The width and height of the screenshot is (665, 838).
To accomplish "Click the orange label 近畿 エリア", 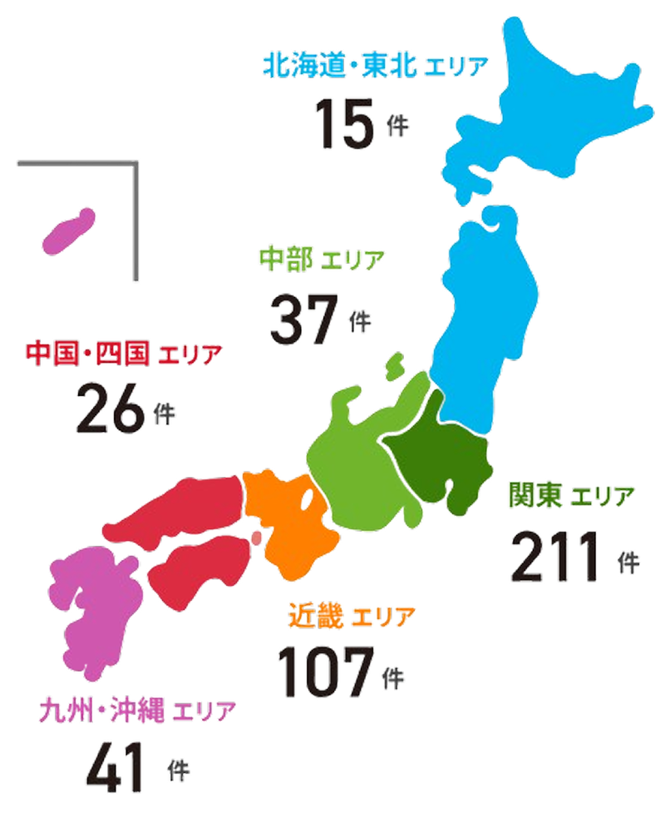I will coord(350,617).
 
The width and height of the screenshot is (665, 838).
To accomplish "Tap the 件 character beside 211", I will coord(629,561).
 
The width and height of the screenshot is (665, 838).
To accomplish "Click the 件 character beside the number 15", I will coord(398,126).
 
